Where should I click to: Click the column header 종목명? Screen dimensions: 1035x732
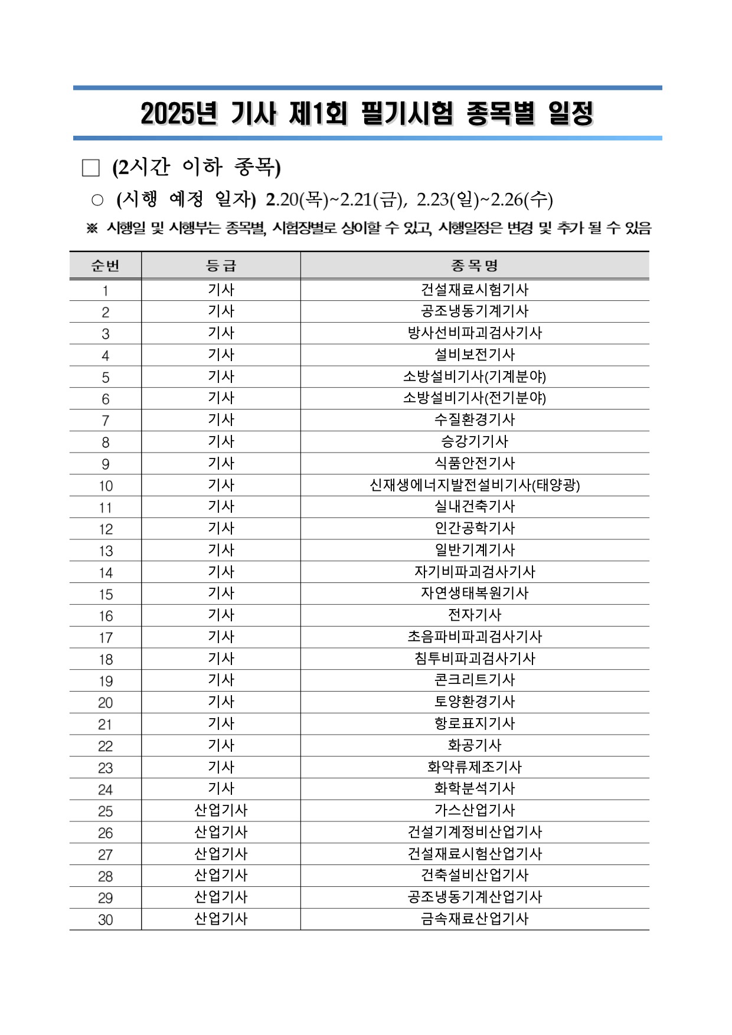pos(475,266)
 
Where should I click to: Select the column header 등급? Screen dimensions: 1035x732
pos(221,266)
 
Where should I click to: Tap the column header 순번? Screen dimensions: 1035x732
pos(105,266)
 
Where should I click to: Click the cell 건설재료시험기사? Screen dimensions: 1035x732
pos(475,290)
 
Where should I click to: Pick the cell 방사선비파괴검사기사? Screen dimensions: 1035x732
pos(475,333)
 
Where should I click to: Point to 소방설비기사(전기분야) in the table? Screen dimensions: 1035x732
pos(475,398)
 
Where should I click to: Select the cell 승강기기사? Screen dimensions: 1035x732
pos(475,442)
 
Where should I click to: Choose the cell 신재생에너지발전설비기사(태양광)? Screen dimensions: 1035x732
pos(475,486)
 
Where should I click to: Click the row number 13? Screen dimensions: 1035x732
pos(105,551)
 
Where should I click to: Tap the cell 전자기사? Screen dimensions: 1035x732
pos(475,615)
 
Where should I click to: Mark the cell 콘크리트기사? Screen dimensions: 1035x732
pos(475,680)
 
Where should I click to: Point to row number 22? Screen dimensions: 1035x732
pos(105,746)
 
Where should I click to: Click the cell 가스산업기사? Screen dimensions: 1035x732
pos(475,811)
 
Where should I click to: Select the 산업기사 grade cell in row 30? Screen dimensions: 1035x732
pos(221,919)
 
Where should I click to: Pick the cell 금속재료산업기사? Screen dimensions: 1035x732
pos(475,919)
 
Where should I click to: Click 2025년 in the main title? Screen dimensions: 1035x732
pos(179,113)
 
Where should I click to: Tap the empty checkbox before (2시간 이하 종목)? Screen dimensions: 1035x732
pos(91,168)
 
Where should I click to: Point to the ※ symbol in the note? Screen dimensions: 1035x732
pos(92,228)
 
